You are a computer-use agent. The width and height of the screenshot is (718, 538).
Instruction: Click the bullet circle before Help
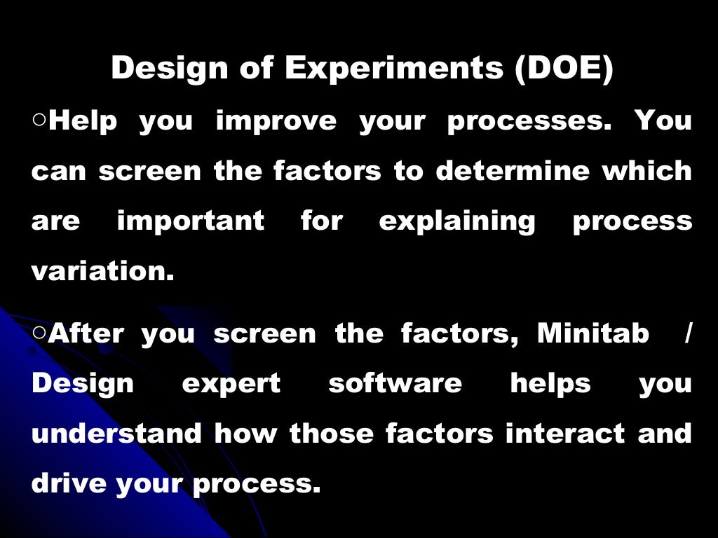[39, 120]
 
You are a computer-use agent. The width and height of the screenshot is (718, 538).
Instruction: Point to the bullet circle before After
[39, 333]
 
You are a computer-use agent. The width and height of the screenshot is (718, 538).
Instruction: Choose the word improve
[276, 122]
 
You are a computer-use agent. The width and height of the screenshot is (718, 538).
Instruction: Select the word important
[191, 221]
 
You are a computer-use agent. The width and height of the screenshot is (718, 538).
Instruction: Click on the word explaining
[457, 222]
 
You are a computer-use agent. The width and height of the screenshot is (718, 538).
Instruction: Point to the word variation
[102, 272]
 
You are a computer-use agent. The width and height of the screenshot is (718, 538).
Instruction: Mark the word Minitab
[593, 333]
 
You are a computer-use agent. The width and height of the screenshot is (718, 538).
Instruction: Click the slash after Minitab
[687, 333]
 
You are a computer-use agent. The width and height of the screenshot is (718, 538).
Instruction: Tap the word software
[395, 383]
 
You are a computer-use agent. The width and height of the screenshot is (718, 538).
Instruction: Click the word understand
[116, 434]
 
